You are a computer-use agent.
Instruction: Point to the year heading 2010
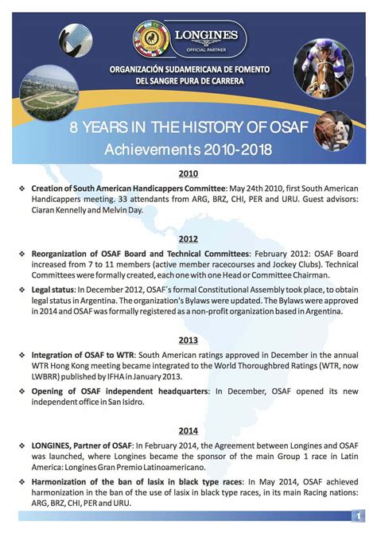tap(188, 173)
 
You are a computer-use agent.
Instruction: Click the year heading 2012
tap(188, 239)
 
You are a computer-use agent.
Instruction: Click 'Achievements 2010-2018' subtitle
tap(188, 148)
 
